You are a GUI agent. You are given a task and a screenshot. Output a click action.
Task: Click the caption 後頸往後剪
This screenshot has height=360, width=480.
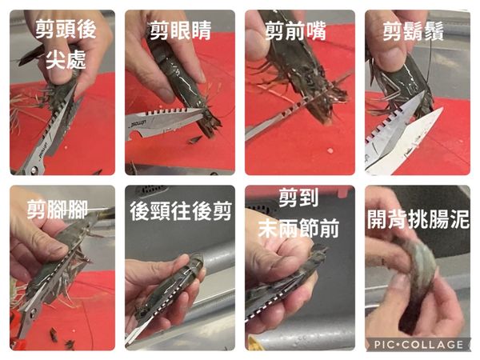180,212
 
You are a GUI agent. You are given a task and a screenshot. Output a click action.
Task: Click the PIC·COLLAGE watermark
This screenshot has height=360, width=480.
418,344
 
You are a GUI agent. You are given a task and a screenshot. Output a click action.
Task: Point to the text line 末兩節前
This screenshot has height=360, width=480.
299,228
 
